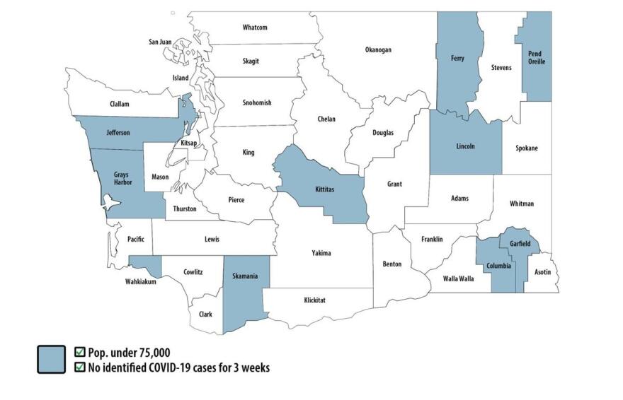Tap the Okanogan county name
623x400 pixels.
click(377, 50)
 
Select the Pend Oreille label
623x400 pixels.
click(537, 57)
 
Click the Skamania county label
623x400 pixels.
click(246, 276)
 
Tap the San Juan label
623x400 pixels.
click(160, 42)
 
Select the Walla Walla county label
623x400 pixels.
click(459, 278)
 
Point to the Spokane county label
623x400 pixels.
click(526, 148)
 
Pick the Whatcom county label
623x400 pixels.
click(255, 28)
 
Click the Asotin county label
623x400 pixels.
click(542, 271)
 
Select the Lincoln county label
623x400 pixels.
click(464, 147)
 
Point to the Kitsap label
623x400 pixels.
click(188, 143)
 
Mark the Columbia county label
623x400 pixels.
click(498, 266)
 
